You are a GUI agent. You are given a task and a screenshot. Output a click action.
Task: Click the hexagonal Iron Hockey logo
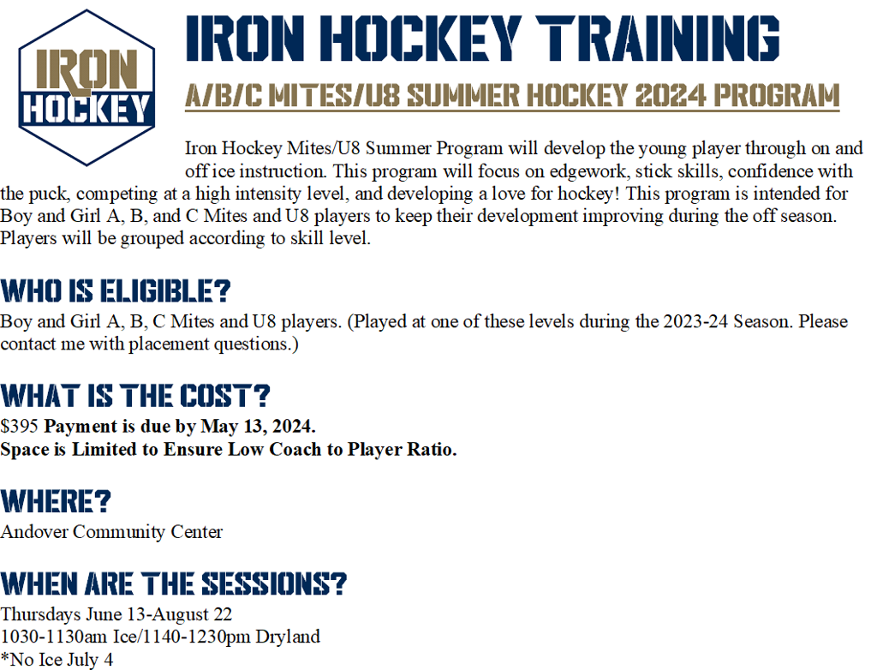click(x=87, y=87)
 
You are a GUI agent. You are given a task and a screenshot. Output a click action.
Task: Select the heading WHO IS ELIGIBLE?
click(x=116, y=291)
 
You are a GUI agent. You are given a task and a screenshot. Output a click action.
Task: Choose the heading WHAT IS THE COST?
click(x=135, y=396)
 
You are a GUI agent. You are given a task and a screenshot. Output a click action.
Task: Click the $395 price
click(x=20, y=426)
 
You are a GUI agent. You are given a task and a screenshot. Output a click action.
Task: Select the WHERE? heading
click(x=57, y=501)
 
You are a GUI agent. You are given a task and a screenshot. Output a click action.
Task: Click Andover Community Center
click(x=111, y=531)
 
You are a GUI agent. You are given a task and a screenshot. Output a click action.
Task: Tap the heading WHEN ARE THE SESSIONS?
click(x=174, y=584)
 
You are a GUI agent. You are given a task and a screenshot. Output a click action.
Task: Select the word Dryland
click(x=287, y=637)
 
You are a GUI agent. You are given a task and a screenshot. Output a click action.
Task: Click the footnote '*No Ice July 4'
click(x=57, y=659)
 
